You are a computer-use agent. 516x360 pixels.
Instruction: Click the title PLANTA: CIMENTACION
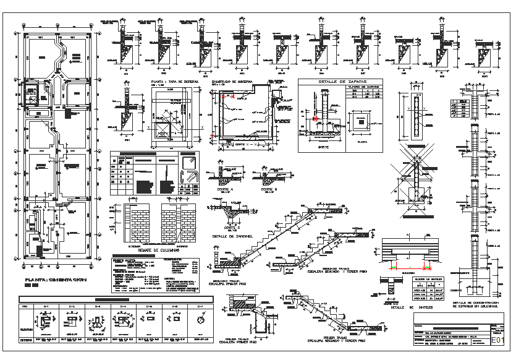[55, 281]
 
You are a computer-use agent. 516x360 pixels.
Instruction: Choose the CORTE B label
[268, 189]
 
